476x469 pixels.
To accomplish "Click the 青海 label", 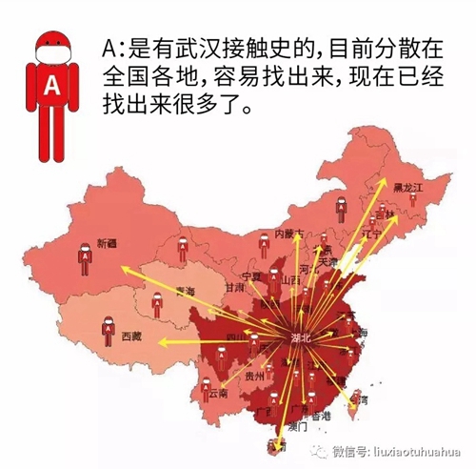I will click(187, 291).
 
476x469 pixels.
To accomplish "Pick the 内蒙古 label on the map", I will click(288, 234).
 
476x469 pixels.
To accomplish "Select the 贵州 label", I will click(253, 377).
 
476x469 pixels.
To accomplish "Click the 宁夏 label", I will click(252, 275).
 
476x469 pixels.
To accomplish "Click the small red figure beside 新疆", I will click(85, 255).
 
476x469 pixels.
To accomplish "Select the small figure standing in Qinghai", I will click(157, 306).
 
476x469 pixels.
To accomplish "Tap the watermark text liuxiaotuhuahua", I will click(413, 449).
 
